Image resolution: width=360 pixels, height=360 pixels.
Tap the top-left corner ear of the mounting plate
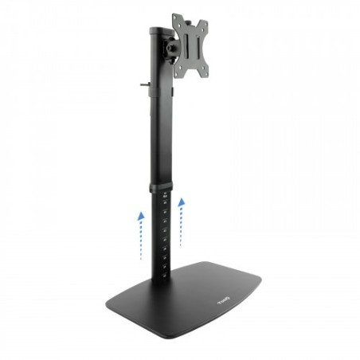[x=176, y=18]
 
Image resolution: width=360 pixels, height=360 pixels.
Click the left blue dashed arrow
[x=140, y=234]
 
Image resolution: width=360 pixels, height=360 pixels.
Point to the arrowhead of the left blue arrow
[x=140, y=214]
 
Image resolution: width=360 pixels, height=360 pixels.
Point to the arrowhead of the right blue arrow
[x=181, y=202]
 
